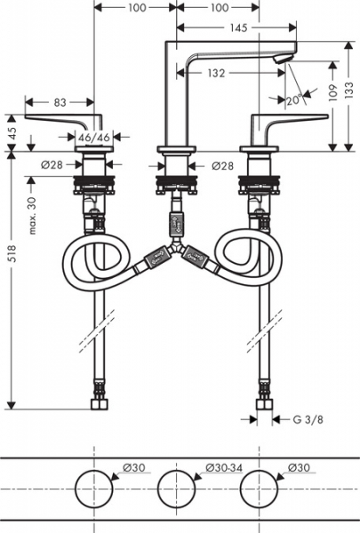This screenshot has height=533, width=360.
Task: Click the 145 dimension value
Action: [238, 28]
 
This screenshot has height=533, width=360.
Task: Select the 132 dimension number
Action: [216, 73]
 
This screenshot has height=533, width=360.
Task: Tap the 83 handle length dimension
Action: [60, 102]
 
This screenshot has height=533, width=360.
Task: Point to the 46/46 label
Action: [94, 138]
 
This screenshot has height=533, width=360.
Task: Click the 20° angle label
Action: [293, 99]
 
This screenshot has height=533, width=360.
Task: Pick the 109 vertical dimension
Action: [332, 92]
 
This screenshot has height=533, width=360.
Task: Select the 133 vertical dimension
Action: [348, 91]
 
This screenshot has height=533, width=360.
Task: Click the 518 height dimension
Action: [12, 253]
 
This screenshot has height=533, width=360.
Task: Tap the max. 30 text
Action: [32, 216]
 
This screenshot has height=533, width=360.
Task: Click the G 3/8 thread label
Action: [308, 419]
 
